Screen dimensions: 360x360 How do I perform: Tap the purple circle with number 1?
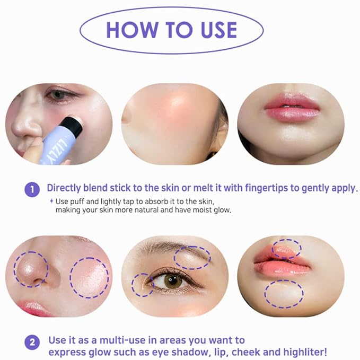pyautogui.click(x=32, y=189)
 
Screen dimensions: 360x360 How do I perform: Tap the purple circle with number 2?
pyautogui.click(x=32, y=341)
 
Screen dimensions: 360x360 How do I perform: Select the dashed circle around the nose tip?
pyautogui.click(x=31, y=269)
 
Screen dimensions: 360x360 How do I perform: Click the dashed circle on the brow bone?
pyautogui.click(x=192, y=257)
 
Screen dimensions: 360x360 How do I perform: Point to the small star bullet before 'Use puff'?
pyautogui.click(x=51, y=200)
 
